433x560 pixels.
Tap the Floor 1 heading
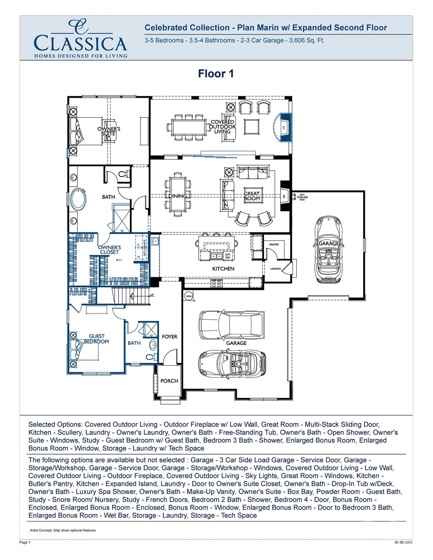pyautogui.click(x=216, y=74)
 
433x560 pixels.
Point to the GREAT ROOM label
pyautogui.click(x=252, y=196)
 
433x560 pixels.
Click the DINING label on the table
pyautogui.click(x=178, y=196)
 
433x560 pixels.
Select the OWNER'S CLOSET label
pyautogui.click(x=109, y=250)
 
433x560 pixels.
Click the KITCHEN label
pyautogui.click(x=223, y=269)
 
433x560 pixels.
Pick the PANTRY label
pyautogui.click(x=274, y=244)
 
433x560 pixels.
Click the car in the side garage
pyautogui.click(x=329, y=249)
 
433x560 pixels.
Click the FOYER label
pyautogui.click(x=170, y=337)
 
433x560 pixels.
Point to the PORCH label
pyautogui.click(x=169, y=381)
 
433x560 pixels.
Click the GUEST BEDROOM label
pyautogui.click(x=97, y=339)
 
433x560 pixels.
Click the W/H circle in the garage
pyautogui.click(x=188, y=295)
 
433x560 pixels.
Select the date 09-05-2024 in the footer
pyautogui.click(x=403, y=542)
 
